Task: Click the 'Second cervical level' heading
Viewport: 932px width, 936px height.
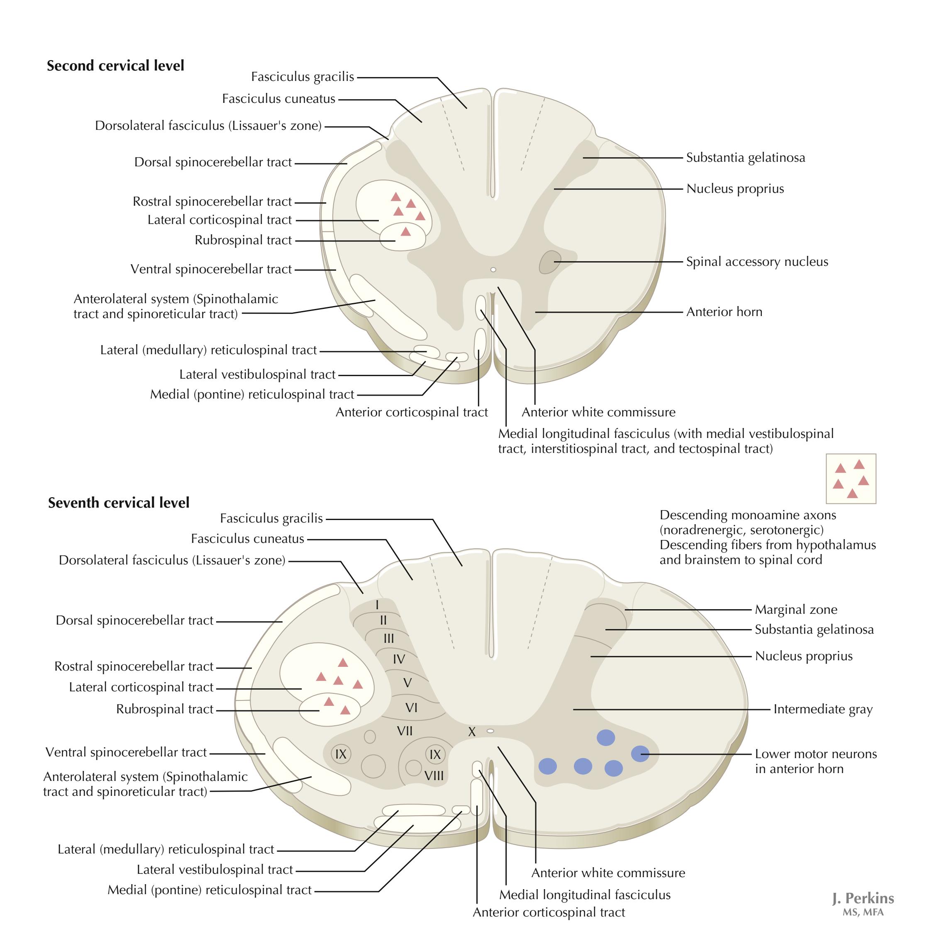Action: pos(115,66)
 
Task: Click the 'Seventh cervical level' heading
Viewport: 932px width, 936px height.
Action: pos(119,503)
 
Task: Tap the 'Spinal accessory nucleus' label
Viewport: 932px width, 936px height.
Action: pos(757,262)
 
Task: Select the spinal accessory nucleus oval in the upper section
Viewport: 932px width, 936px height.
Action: pos(549,262)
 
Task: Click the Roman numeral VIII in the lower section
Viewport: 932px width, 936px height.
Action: pos(434,776)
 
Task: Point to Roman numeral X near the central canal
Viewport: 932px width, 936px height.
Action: pos(471,732)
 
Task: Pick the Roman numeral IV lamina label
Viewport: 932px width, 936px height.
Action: pos(398,659)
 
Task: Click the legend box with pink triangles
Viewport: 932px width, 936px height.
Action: pos(851,479)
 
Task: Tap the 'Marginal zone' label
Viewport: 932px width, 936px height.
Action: pos(796,610)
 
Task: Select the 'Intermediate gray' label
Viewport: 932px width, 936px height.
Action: pos(822,709)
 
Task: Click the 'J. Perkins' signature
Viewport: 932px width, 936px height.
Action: pos(863,899)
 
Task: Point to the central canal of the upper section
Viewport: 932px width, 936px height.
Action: pos(493,270)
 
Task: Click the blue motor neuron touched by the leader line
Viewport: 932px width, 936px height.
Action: pos(640,754)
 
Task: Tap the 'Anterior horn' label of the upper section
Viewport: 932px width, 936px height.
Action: pos(724,312)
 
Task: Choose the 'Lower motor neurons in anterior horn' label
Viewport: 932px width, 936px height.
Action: pos(816,761)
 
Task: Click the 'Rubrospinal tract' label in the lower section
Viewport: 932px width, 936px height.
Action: pos(165,709)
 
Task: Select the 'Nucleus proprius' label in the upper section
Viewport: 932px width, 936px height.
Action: pos(735,189)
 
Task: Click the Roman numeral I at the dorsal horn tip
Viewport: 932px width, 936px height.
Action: pos(377,605)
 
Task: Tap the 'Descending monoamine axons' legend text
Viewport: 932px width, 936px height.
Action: pos(748,515)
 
